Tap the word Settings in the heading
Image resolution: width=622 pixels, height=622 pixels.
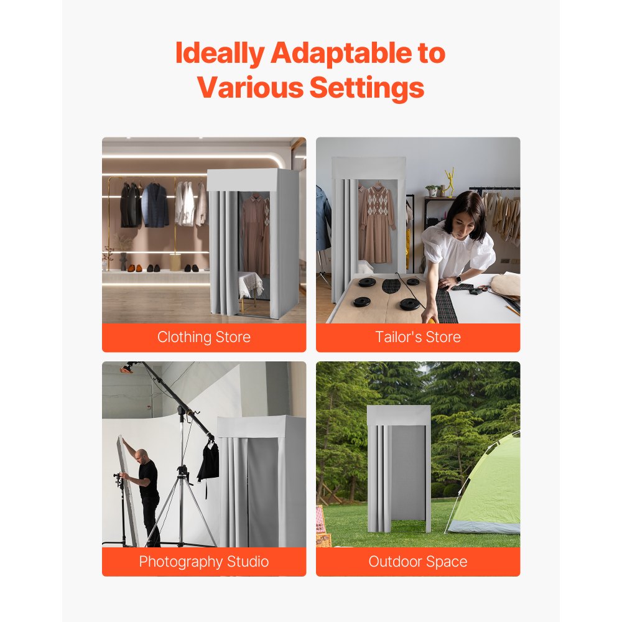point(367,88)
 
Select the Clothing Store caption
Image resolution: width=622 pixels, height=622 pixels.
point(204,338)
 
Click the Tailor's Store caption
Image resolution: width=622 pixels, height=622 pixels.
point(418,338)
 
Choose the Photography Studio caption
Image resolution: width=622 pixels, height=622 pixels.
point(204,562)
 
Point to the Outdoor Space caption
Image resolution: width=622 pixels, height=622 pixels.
point(418,562)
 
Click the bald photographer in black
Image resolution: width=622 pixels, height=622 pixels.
point(146,491)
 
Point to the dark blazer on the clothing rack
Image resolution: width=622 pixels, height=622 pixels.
point(154,205)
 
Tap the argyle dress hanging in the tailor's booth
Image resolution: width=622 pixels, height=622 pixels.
point(378,218)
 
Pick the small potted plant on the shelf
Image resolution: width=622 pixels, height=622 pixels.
point(431,190)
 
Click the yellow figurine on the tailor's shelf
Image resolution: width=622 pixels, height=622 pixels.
point(449,182)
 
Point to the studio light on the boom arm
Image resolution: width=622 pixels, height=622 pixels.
point(128,368)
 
